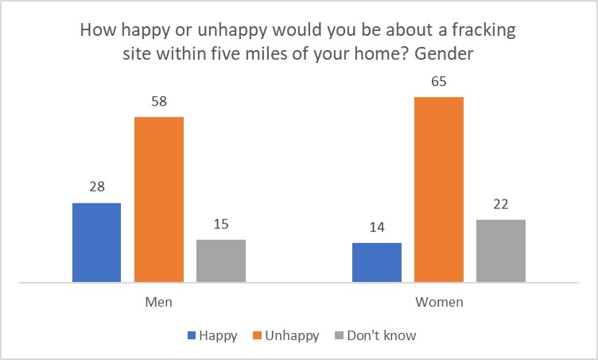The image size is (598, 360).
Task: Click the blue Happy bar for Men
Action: point(96,242)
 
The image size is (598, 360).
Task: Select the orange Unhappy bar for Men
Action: point(159,199)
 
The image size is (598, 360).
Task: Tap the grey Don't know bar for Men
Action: point(221,261)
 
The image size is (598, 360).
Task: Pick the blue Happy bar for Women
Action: point(376,262)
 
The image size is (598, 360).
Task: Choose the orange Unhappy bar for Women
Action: point(439,189)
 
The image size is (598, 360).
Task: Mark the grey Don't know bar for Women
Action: point(501,250)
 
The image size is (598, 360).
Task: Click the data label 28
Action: point(96,188)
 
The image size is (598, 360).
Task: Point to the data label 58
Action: point(159,101)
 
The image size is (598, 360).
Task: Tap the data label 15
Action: point(221,224)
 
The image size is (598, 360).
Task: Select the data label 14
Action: point(376,227)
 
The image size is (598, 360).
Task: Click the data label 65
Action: point(439,81)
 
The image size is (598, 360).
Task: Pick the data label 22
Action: point(501,204)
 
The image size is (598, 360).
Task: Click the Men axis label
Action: point(159,303)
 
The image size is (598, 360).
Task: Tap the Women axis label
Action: point(439,303)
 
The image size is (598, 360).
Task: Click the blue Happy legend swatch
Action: point(192,335)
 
